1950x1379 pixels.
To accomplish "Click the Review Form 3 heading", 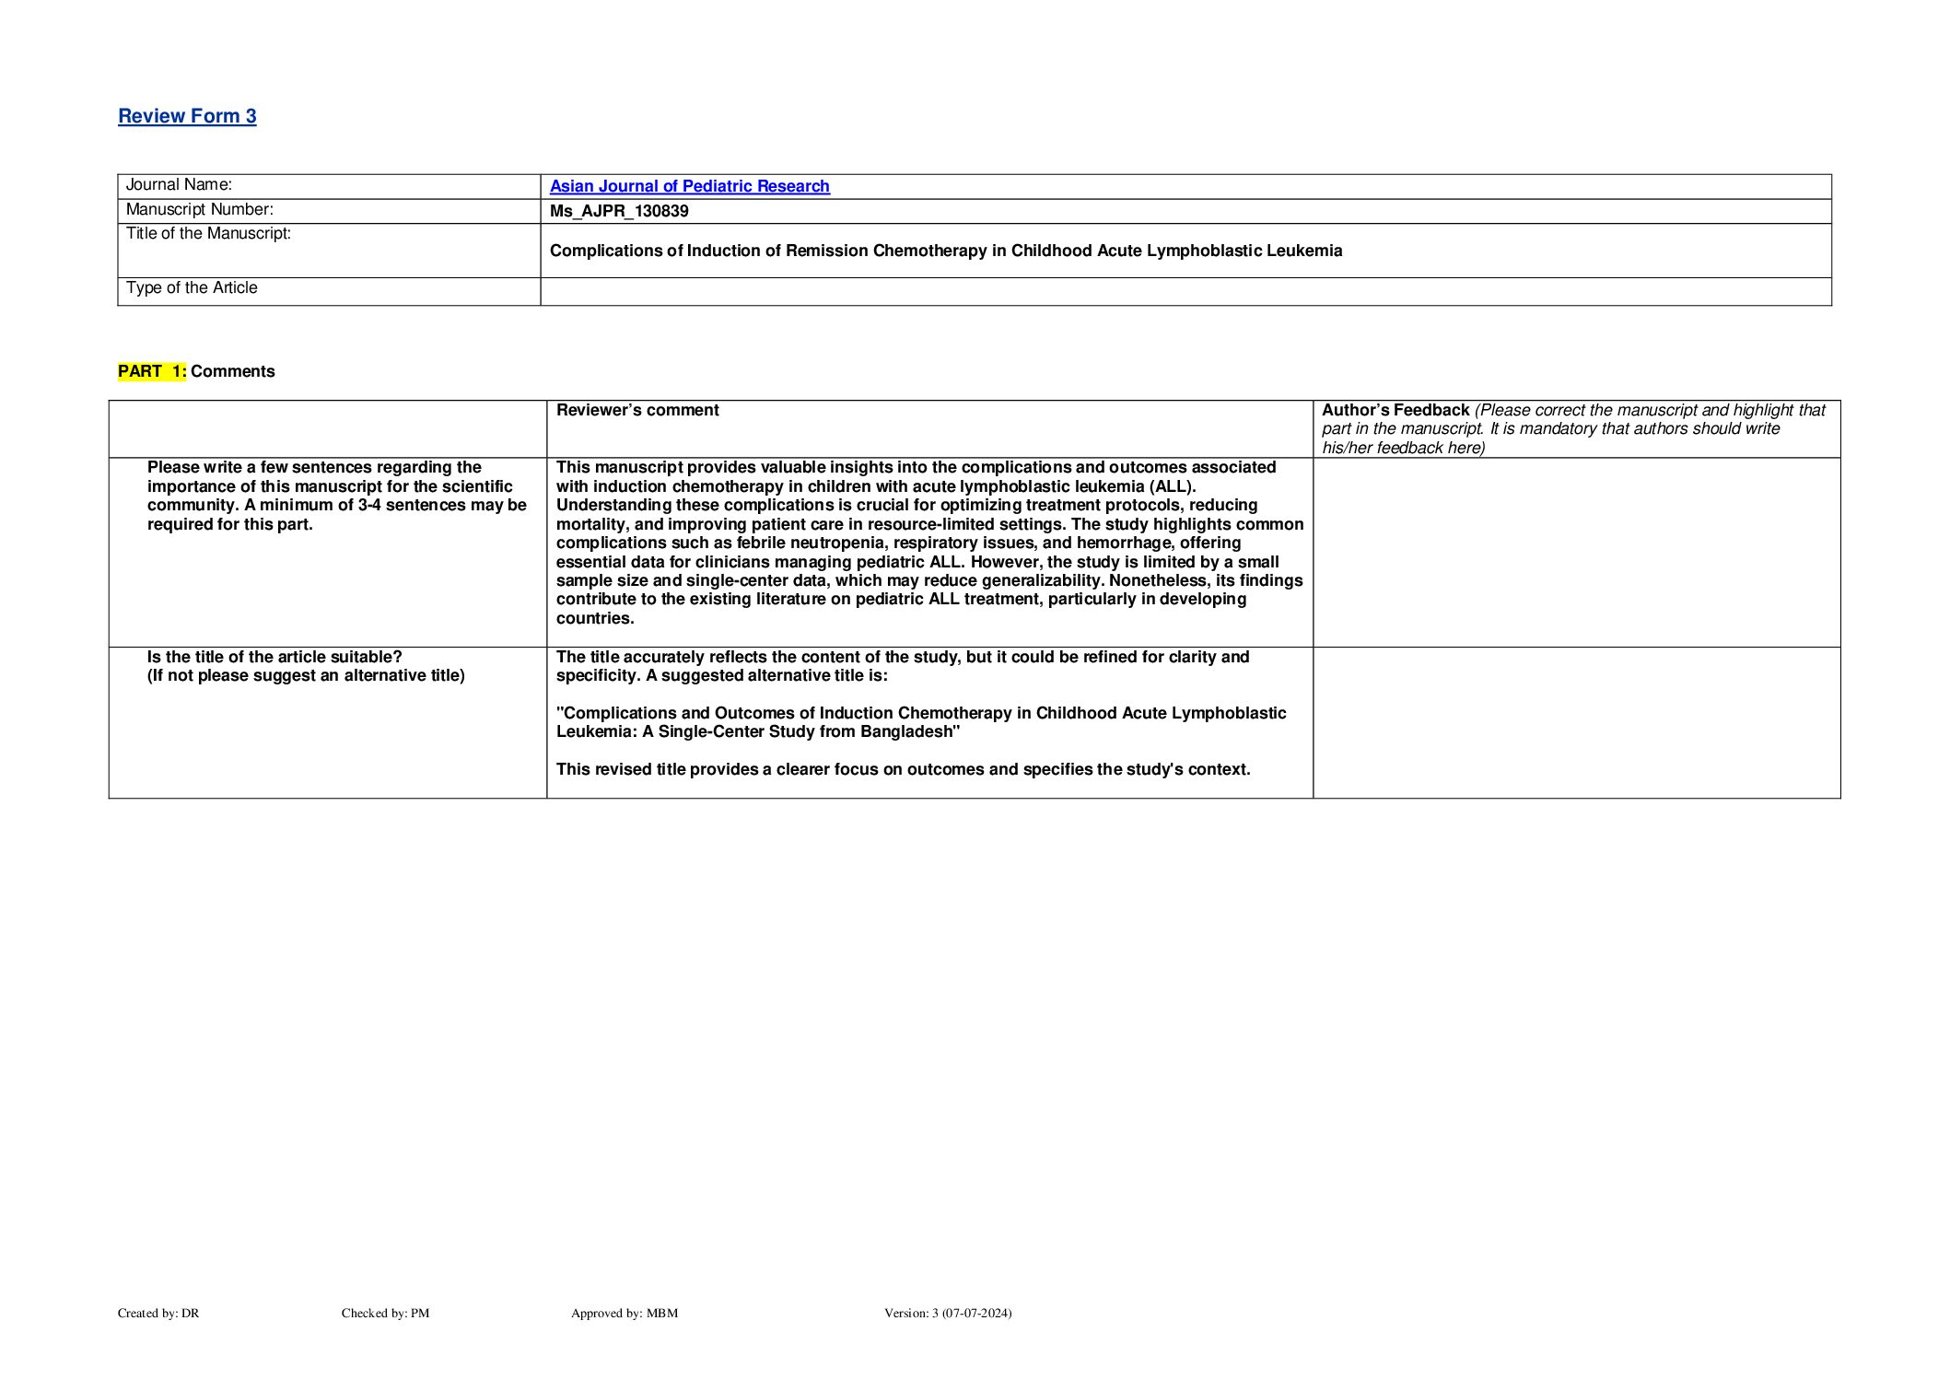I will pos(187,116).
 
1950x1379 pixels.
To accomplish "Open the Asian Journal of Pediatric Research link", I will pos(689,186).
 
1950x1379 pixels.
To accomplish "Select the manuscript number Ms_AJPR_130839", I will pos(619,211).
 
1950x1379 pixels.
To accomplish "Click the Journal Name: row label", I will pos(179,185).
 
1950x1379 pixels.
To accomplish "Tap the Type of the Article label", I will pos(192,288).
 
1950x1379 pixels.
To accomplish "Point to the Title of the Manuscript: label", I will pos(208,234).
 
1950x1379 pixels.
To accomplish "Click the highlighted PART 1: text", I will pos(152,371).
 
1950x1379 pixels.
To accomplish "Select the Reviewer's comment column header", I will pos(637,410).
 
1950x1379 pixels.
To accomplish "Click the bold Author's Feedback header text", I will pos(1395,410).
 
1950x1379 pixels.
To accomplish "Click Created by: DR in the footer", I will pos(158,1314).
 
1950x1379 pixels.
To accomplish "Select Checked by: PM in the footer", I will pos(385,1314).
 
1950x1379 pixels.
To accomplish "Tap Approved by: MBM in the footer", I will pos(624,1314).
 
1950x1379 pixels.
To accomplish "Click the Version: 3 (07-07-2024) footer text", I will pos(947,1314).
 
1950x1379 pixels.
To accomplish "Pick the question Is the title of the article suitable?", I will pos(274,657).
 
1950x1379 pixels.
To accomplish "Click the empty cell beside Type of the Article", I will pos(1185,292).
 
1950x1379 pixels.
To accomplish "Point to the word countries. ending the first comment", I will pos(595,618).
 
